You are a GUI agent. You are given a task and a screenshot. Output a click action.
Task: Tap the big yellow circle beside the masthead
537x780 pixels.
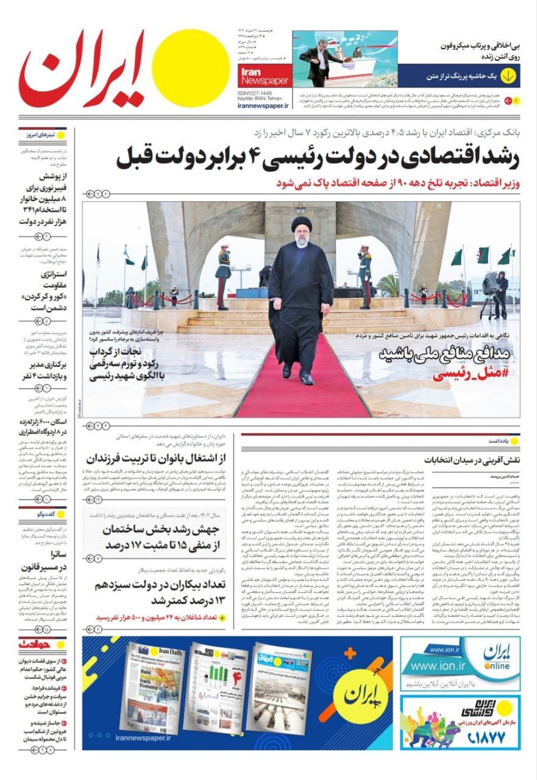tap(190, 68)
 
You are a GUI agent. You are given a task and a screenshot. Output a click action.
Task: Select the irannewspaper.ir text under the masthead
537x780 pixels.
tap(263, 105)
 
